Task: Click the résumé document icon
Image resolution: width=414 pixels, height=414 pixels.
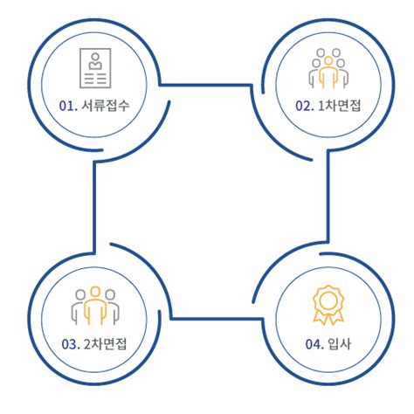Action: pyautogui.click(x=95, y=68)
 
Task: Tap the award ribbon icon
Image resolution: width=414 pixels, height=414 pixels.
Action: pyautogui.click(x=328, y=305)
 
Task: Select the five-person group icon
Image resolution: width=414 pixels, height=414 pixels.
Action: pyautogui.click(x=328, y=68)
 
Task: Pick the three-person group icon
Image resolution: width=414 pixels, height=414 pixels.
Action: pyautogui.click(x=95, y=306)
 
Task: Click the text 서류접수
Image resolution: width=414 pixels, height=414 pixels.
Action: pyautogui.click(x=105, y=106)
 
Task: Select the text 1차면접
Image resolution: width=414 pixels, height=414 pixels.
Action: pyautogui.click(x=339, y=106)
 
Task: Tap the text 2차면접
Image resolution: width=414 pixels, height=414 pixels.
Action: pyautogui.click(x=105, y=344)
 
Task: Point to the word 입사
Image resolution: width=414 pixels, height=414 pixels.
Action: pyautogui.click(x=340, y=344)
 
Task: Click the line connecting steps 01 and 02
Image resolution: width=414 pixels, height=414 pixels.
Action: pyautogui.click(x=205, y=85)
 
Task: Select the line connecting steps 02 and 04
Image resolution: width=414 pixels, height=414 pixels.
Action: pyautogui.click(x=328, y=197)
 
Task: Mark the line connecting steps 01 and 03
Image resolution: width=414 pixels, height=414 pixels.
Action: pyautogui.click(x=94, y=207)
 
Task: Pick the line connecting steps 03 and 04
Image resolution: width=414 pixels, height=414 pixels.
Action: pyautogui.click(x=216, y=319)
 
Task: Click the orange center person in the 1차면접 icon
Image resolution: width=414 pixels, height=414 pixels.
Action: pyautogui.click(x=328, y=72)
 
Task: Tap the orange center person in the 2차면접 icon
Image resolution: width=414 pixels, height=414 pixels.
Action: pyautogui.click(x=95, y=306)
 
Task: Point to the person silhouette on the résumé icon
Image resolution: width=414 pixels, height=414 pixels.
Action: pyautogui.click(x=95, y=61)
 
